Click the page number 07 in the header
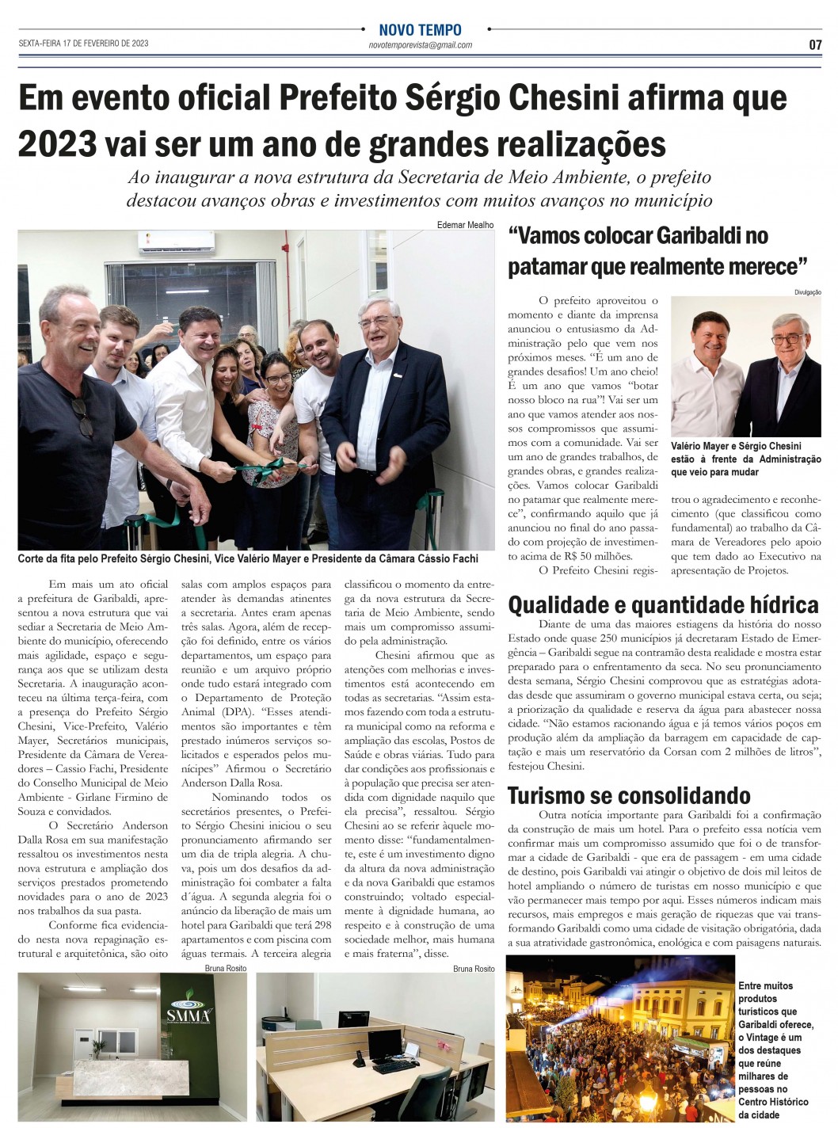815,45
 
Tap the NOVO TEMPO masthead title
420,31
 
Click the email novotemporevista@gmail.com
421,45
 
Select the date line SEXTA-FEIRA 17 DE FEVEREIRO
83,44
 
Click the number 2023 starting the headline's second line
56,144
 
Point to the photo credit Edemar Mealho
465,225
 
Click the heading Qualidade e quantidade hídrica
663,605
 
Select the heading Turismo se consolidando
629,795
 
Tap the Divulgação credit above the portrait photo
808,292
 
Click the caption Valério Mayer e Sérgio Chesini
736,447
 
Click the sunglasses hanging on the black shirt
80,412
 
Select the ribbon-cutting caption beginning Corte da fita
247,559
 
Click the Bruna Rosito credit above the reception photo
225,968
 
